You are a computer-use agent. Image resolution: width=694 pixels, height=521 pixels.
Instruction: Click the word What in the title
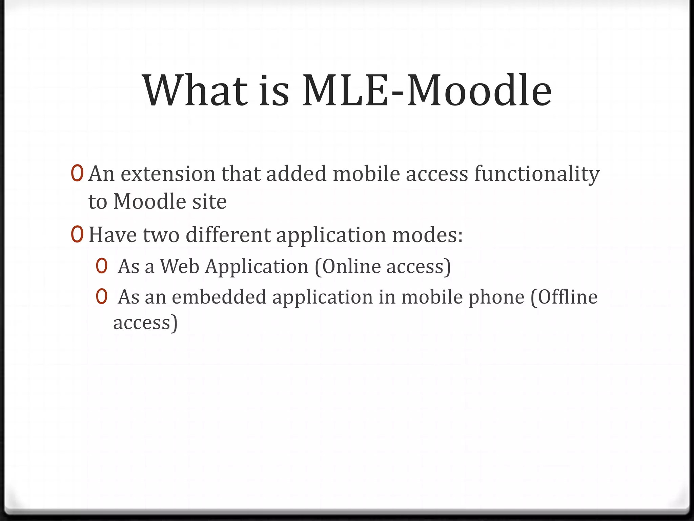pyautogui.click(x=195, y=91)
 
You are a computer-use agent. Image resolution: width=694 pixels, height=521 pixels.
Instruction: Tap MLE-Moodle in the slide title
pyautogui.click(x=427, y=91)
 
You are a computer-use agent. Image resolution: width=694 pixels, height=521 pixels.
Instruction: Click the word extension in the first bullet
pyautogui.click(x=168, y=174)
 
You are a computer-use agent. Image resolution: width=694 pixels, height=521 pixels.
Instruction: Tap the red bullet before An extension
pyautogui.click(x=77, y=173)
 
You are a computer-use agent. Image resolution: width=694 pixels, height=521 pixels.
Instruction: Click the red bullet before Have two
pyautogui.click(x=77, y=234)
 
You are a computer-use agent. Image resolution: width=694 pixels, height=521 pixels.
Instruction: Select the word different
pyautogui.click(x=228, y=235)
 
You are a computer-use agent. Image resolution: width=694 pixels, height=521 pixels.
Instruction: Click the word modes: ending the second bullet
pyautogui.click(x=427, y=235)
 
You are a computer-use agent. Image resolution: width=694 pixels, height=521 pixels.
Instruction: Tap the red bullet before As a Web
pyautogui.click(x=102, y=267)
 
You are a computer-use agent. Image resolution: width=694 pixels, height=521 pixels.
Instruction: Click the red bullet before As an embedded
pyautogui.click(x=102, y=297)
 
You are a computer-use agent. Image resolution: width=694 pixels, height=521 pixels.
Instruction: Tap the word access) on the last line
pyautogui.click(x=145, y=323)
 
